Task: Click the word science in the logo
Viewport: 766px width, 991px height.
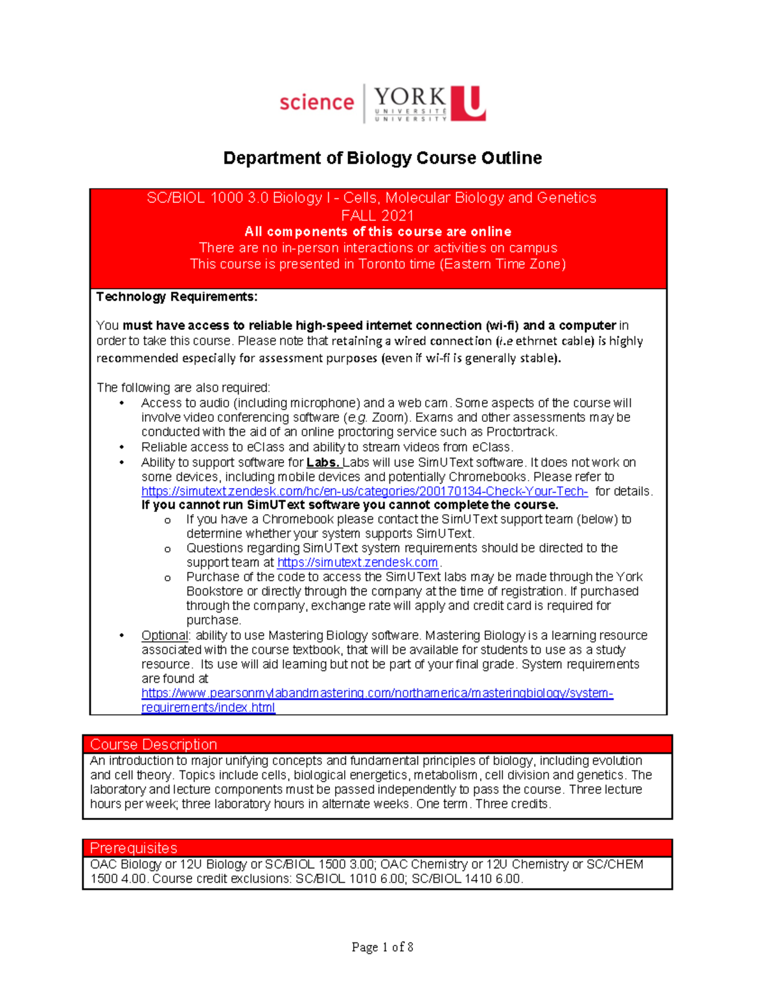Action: point(316,102)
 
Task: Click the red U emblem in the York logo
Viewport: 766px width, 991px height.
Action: point(469,103)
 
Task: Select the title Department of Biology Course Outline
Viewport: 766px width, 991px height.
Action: point(382,158)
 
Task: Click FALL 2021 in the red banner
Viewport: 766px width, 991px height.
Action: point(377,215)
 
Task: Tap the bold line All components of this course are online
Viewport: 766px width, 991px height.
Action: point(377,232)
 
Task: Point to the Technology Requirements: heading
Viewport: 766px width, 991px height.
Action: point(177,297)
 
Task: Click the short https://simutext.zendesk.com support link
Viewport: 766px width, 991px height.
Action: point(357,562)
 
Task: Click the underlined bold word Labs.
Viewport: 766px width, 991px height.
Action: point(323,463)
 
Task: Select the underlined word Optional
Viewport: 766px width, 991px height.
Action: point(165,636)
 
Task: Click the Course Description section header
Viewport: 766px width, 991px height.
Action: point(153,745)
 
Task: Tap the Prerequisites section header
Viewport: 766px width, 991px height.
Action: point(133,848)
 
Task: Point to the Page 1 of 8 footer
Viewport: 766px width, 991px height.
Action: point(382,947)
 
